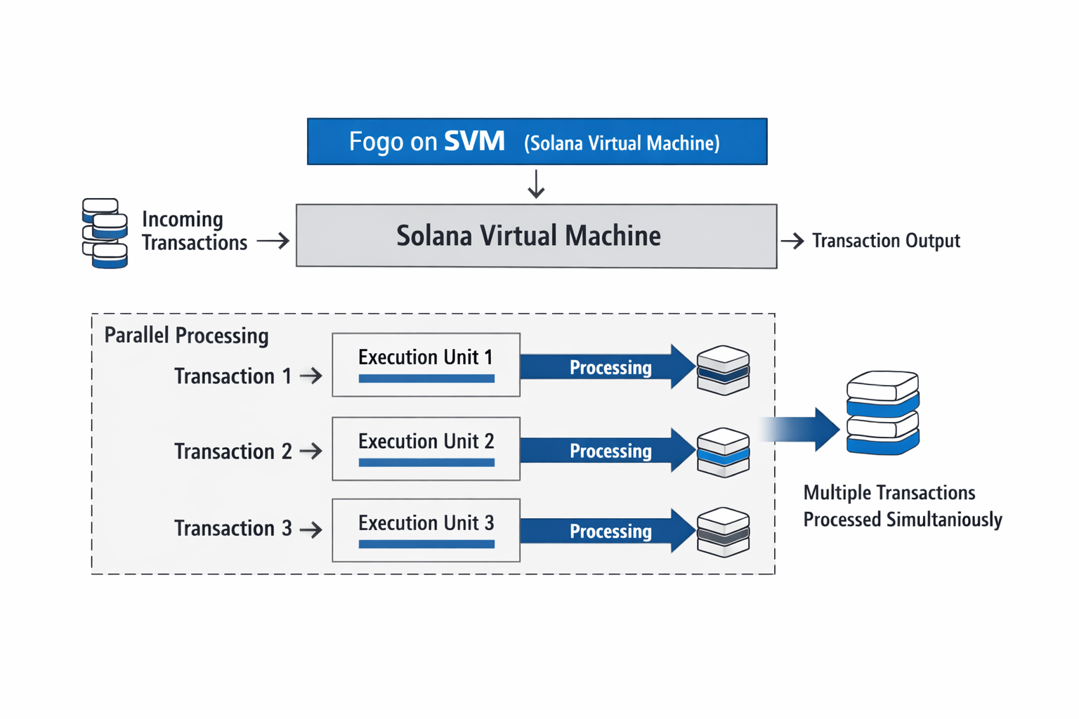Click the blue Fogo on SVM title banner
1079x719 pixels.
[x=537, y=141]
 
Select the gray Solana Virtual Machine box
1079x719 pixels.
[x=536, y=236]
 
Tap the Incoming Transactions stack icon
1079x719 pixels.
[x=105, y=233]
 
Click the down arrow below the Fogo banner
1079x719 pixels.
[x=536, y=184]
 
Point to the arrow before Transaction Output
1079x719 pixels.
[x=792, y=241]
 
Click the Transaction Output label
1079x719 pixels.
[x=886, y=241]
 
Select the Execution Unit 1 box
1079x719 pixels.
[x=426, y=364]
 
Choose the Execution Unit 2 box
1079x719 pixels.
[x=426, y=449]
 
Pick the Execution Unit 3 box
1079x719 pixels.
[x=426, y=530]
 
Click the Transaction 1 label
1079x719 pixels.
[x=233, y=376]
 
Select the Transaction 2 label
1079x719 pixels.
[x=233, y=451]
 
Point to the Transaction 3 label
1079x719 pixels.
[x=233, y=528]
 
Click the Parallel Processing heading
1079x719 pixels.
[x=186, y=336]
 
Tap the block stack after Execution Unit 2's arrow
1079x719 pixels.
[x=723, y=452]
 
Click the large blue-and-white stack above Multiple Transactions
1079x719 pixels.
[x=883, y=413]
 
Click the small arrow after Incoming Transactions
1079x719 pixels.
[x=273, y=241]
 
